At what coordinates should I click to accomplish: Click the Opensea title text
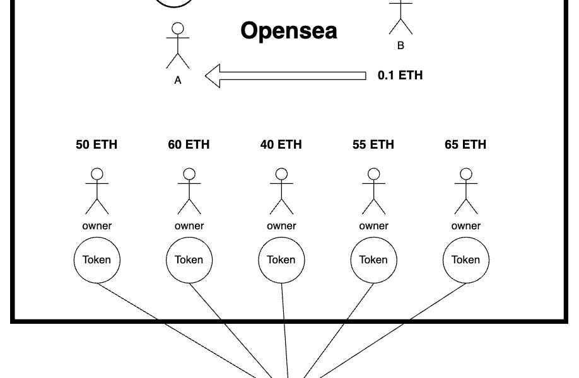coord(289,31)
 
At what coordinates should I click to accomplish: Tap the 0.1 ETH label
coord(400,76)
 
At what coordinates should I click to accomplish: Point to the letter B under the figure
coord(401,45)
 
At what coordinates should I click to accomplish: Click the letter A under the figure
coord(178,80)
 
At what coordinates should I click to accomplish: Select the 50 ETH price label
coord(96,145)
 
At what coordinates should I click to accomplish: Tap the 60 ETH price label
coord(189,145)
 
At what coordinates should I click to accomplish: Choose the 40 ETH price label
coord(281,145)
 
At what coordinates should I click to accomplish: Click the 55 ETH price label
coord(373,145)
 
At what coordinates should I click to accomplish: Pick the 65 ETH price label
coord(465,145)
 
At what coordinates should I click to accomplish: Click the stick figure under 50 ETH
coord(96,192)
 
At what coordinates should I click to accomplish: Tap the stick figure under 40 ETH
coord(281,192)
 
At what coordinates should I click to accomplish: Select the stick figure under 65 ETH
coord(465,192)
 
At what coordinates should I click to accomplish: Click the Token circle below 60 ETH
coord(189,260)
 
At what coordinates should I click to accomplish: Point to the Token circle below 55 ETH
coord(373,260)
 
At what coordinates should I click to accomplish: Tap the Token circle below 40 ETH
coord(281,260)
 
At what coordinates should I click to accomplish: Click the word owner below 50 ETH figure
coord(96,226)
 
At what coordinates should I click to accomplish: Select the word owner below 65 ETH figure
coord(465,226)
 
